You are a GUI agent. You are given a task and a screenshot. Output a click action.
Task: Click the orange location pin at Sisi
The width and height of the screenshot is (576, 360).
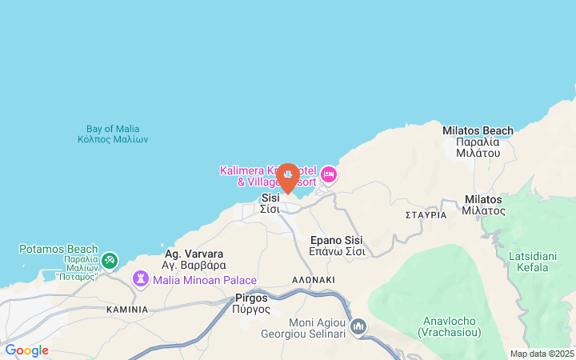pos(287,177)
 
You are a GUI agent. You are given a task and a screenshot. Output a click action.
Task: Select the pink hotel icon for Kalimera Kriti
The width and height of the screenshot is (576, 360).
pos(329,174)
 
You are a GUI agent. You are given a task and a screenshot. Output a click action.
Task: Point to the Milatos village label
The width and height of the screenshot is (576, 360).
pos(483,205)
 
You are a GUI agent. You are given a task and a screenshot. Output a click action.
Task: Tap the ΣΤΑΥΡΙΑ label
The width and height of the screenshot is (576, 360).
pos(426,215)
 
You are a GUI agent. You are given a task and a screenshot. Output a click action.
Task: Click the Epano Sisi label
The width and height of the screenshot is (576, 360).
pos(337,246)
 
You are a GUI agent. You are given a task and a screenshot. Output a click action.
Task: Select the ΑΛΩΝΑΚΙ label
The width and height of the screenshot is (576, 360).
pos(313,279)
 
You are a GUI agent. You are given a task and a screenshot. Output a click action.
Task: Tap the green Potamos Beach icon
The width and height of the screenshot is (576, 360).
pos(110,260)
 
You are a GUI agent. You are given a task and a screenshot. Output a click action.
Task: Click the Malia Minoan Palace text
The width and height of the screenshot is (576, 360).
pos(205,280)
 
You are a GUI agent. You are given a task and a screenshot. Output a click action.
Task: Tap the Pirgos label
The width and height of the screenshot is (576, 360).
pos(251,303)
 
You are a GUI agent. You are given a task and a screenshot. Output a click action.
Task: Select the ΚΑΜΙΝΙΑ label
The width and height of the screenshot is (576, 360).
pos(127,309)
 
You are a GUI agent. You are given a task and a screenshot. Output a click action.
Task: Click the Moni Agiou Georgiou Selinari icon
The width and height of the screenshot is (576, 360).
pos(358,326)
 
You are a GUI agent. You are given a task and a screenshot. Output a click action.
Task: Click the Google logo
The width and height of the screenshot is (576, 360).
pos(26,350)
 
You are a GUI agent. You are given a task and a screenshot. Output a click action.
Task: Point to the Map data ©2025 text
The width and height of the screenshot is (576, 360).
pos(542,354)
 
